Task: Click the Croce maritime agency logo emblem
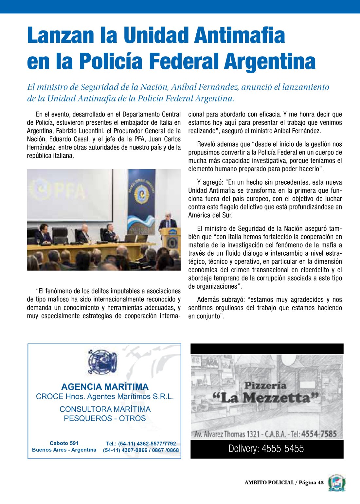[102, 362]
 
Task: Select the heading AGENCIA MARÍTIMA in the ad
[105, 387]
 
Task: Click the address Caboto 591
[64, 443]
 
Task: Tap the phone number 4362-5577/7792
[156, 444]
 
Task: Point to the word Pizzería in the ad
[265, 386]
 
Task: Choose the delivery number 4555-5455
[283, 449]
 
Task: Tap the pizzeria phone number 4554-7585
[319, 434]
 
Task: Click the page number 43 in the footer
[320, 482]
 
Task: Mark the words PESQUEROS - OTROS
[105, 418]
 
